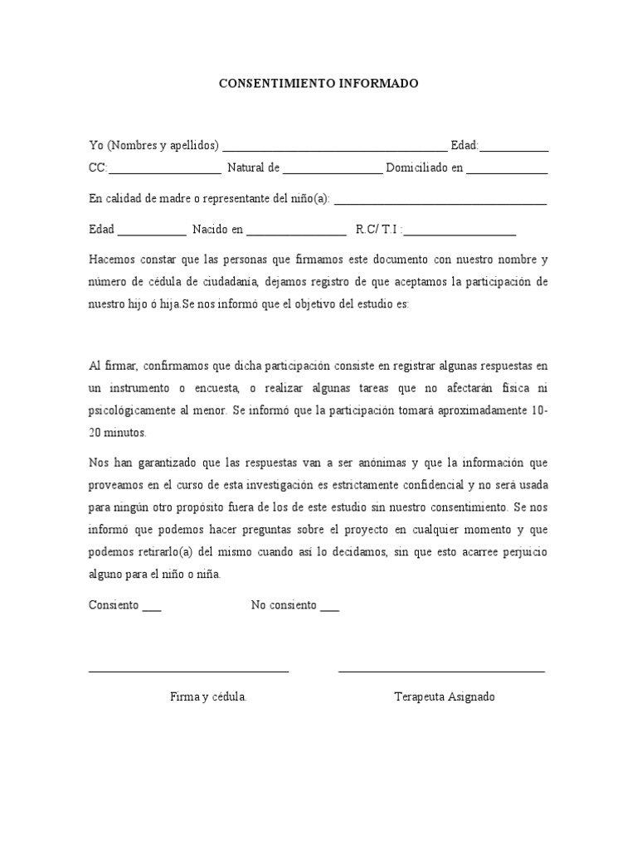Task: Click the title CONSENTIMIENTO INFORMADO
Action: (318, 84)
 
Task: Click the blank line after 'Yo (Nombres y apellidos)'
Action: (335, 150)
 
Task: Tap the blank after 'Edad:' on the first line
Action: (514, 150)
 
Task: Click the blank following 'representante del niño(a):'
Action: (440, 203)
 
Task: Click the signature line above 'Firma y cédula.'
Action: (188, 671)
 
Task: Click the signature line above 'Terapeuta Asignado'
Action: (441, 671)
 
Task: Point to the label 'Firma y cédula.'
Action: (208, 697)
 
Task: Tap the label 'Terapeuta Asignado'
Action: (445, 697)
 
